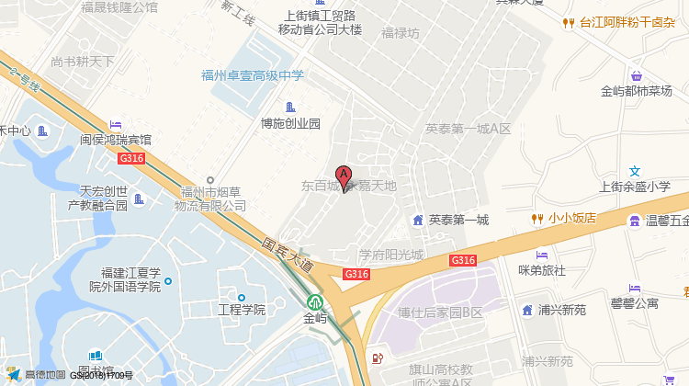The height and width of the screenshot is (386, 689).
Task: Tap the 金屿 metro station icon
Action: [315, 301]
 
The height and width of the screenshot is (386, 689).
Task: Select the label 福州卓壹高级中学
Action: [253, 76]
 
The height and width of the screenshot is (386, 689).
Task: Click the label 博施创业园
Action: [290, 123]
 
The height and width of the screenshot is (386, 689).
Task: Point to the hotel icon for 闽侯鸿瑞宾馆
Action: [116, 124]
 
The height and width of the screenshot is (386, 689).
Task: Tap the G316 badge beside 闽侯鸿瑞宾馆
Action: [131, 158]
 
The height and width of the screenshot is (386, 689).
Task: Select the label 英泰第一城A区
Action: [468, 130]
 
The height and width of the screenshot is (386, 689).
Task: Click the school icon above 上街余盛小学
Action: [635, 171]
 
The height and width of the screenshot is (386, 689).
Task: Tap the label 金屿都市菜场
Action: [637, 91]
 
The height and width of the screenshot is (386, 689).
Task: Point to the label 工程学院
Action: [241, 310]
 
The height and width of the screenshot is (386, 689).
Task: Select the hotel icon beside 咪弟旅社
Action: [542, 255]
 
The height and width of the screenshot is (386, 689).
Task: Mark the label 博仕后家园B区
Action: [440, 312]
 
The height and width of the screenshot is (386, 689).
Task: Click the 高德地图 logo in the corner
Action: [37, 374]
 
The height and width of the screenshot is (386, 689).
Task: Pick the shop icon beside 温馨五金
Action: [634, 221]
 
